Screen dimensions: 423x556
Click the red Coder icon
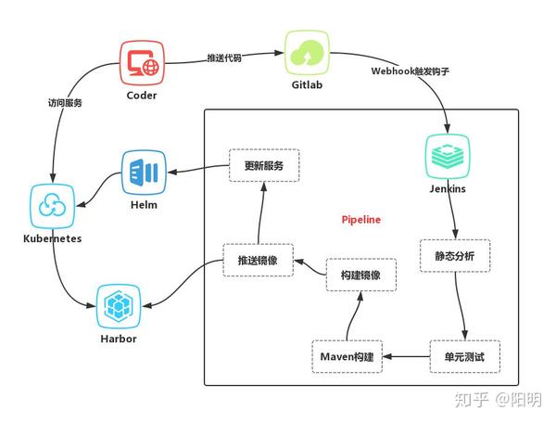coord(142,62)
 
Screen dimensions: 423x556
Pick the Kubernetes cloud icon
coord(51,205)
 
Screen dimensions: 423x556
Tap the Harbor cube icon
coord(118,307)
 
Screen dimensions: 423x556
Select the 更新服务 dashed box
coord(263,166)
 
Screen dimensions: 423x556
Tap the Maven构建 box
coord(347,356)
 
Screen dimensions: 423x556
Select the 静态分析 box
coord(448,255)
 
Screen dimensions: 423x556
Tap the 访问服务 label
coord(65,103)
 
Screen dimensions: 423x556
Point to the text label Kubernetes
coord(52,238)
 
